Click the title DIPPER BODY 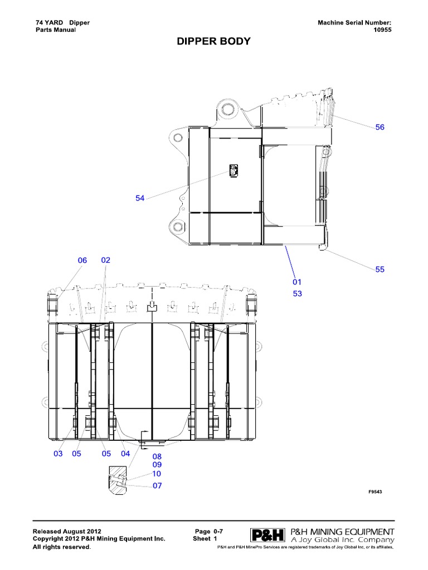213,42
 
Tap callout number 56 380,127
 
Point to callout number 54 139,199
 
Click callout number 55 380,269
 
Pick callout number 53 297,293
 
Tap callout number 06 82,261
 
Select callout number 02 106,261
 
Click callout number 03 58,454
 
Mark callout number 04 125,454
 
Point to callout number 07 157,486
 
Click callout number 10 157,474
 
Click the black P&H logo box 268,535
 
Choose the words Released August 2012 67,532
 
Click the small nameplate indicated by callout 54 232,170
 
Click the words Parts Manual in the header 55,30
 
